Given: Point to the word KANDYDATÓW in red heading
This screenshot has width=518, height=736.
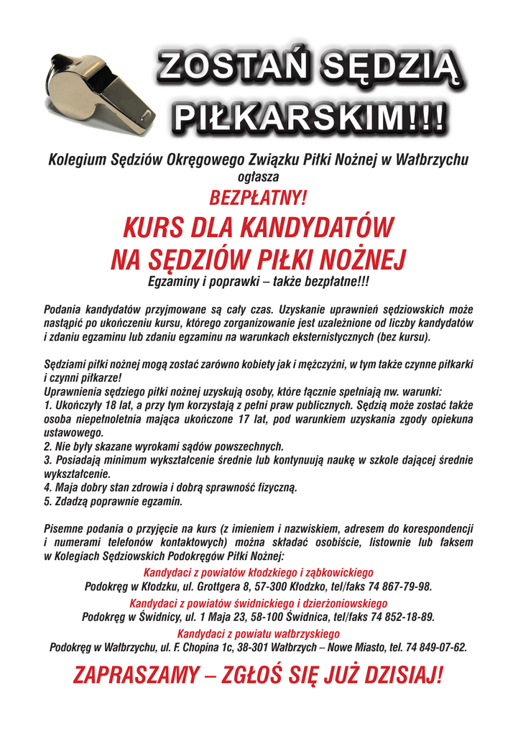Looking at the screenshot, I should (316, 228).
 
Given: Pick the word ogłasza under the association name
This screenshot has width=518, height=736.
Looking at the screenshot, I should (258, 175).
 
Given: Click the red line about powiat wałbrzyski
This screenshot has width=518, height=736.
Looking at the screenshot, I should (258, 634).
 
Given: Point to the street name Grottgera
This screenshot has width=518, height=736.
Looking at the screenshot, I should (211, 586).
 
